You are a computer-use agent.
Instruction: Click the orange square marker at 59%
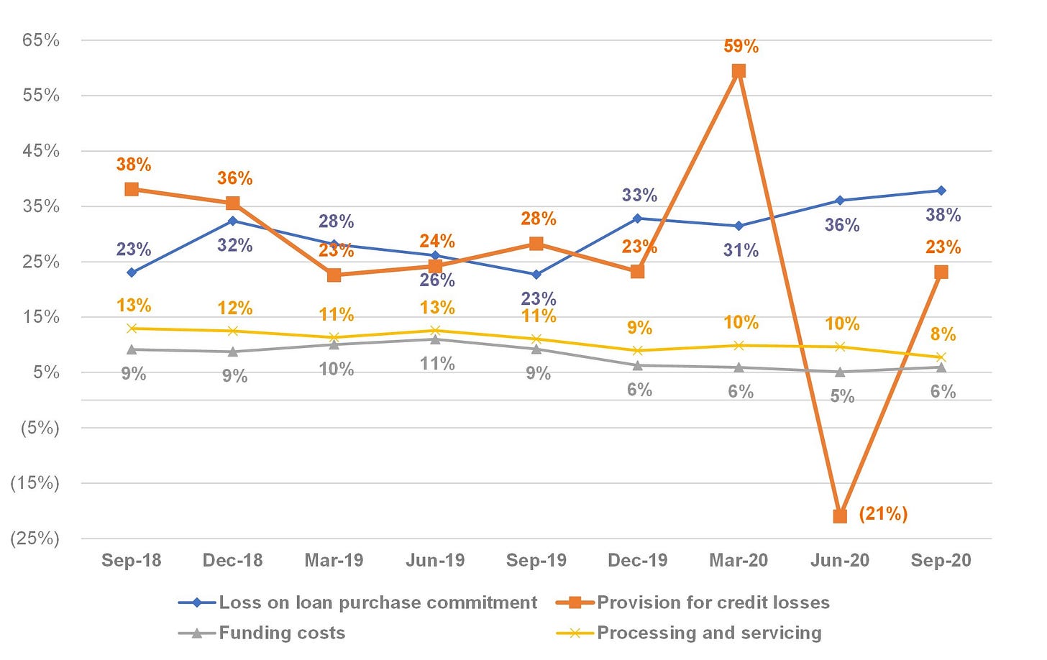[739, 71]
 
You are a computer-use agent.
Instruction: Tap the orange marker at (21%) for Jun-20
[840, 516]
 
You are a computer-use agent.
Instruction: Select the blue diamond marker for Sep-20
[941, 191]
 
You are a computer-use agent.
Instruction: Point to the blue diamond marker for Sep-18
[132, 272]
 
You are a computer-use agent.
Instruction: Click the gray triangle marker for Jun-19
[435, 339]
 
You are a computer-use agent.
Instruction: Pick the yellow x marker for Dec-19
[638, 351]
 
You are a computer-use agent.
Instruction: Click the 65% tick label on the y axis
[41, 40]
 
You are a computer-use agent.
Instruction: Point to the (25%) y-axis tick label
[35, 538]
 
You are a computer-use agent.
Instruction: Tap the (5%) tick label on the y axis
[40, 428]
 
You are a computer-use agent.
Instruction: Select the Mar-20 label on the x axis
[739, 560]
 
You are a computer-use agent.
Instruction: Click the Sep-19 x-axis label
[536, 560]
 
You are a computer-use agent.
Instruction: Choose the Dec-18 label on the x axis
[233, 560]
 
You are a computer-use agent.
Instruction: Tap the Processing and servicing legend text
[709, 633]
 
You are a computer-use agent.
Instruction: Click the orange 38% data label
[134, 165]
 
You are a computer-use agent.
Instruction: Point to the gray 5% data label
[842, 396]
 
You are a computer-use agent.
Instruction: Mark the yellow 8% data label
[943, 334]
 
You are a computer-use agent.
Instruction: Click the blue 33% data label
[639, 195]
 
